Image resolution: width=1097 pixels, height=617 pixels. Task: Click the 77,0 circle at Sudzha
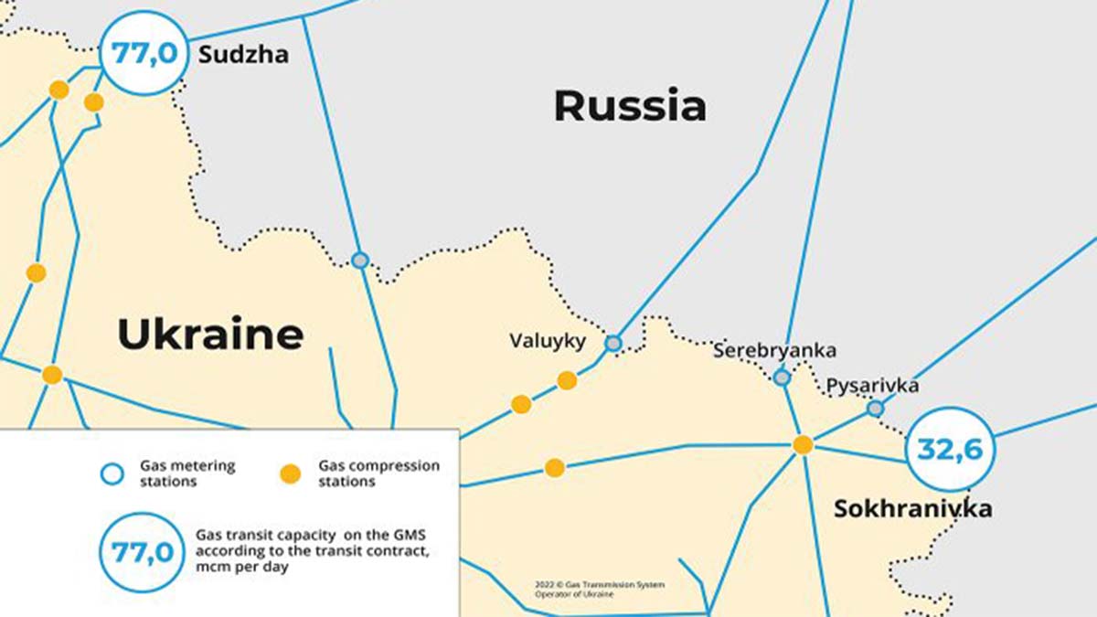144,52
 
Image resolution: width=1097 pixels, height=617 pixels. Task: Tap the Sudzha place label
243,55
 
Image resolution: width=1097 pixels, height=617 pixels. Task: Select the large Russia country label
630,106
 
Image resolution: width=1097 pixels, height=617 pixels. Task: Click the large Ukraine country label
210,335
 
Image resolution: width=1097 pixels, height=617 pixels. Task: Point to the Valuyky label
547,341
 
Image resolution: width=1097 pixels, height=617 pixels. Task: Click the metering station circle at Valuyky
613,343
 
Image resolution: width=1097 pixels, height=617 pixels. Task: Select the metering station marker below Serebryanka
782,377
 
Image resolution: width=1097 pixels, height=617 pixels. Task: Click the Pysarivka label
872,386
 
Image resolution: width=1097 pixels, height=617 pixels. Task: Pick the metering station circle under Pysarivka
876,408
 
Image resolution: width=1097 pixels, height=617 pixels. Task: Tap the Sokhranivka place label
911,509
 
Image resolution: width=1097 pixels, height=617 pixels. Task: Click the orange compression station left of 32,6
803,445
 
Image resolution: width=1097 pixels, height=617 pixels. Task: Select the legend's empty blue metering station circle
111,473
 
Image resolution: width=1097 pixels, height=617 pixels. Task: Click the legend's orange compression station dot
290,473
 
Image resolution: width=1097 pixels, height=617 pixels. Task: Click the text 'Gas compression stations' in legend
378,473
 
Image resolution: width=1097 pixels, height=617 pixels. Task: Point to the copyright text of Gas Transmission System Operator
601,590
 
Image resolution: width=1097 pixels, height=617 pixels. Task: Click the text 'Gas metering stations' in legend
186,473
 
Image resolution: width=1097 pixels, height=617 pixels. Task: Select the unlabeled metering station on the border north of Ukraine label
360,261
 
